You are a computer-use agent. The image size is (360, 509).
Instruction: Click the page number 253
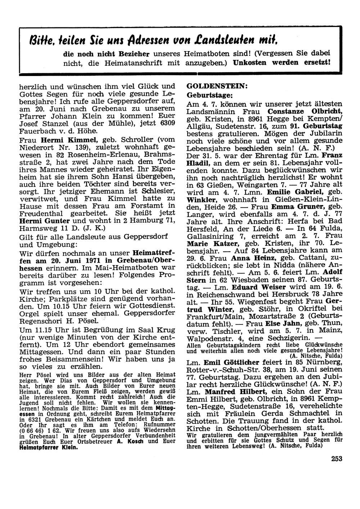[337, 459]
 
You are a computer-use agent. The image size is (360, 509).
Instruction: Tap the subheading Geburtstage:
[210, 95]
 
